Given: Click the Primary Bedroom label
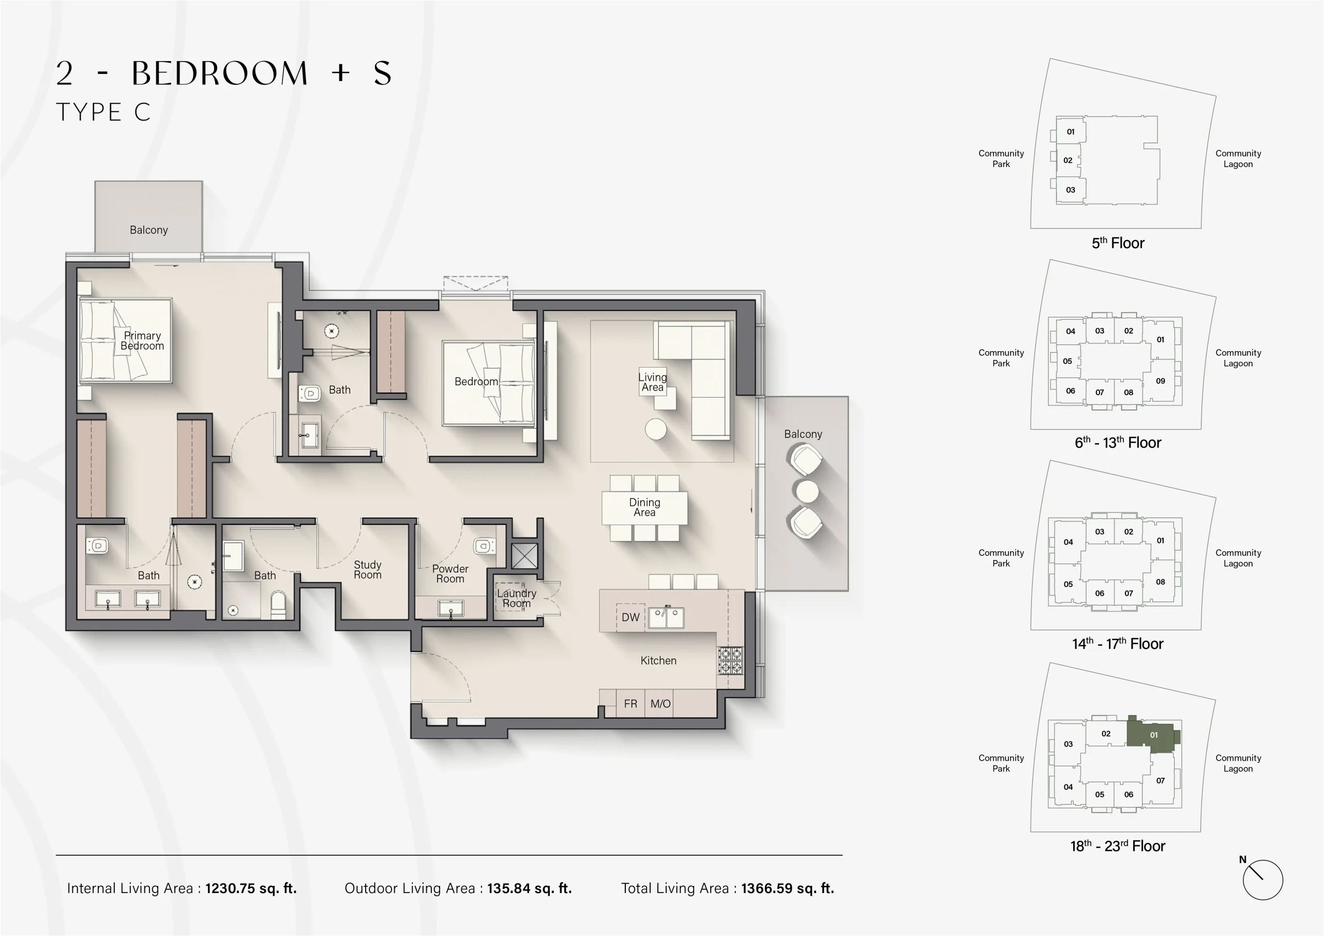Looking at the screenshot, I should tap(142, 340).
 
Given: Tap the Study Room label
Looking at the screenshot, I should tap(367, 569).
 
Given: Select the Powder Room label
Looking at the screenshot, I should tap(450, 573).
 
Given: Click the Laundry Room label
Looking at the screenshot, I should tap(516, 598).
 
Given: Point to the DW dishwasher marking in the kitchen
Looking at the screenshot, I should tap(630, 617).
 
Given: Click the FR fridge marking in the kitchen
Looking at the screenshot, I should tap(630, 704).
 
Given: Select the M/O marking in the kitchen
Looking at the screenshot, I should tap(660, 704).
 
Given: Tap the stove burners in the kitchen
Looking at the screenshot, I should tap(730, 661).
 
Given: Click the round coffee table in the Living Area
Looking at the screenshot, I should tap(656, 429).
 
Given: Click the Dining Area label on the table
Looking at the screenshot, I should tap(644, 507).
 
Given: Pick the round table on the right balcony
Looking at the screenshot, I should tap(806, 491).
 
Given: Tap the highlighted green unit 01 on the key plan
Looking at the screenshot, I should tap(1153, 735).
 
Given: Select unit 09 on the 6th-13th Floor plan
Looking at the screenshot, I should tap(1160, 381).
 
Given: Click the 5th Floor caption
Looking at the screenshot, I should tap(1118, 243).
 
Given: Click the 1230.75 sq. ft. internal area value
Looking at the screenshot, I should tap(251, 888).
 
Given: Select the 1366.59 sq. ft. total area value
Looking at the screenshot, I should tap(787, 888).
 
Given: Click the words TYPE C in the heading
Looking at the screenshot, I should tap(103, 112).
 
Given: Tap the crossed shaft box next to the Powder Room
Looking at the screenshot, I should tap(524, 555).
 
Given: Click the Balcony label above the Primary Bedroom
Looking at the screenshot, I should tap(149, 230).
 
